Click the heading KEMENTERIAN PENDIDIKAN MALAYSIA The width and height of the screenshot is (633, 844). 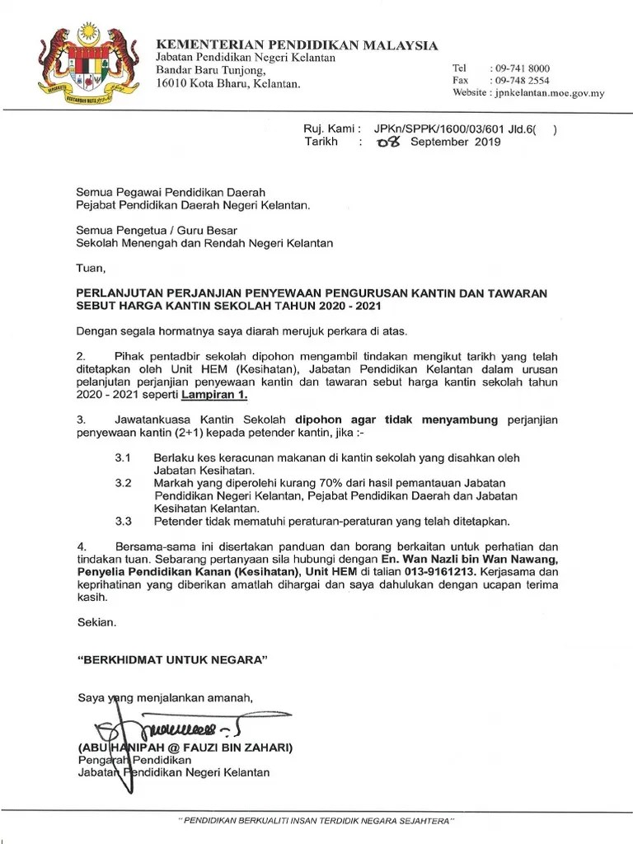[298, 45]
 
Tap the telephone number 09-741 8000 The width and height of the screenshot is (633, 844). [520, 68]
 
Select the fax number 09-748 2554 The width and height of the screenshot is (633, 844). [520, 80]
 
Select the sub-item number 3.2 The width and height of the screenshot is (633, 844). [124, 483]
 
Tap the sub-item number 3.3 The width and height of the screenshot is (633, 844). [124, 521]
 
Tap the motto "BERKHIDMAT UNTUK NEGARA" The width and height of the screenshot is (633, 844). [173, 660]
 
